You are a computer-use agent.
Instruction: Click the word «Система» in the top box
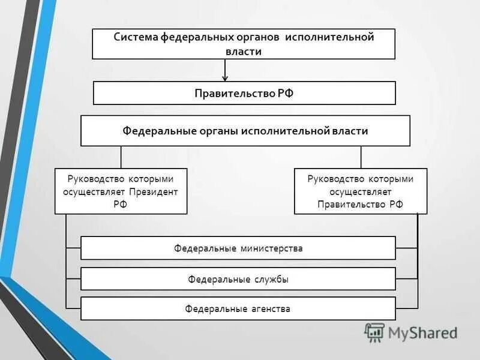pyautogui.click(x=136, y=37)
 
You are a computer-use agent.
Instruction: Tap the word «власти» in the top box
pyautogui.click(x=244, y=52)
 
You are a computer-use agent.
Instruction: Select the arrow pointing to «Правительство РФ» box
pyautogui.click(x=225, y=71)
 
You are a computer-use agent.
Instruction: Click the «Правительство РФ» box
pyautogui.click(x=244, y=93)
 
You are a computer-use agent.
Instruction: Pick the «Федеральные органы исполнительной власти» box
pyautogui.click(x=245, y=131)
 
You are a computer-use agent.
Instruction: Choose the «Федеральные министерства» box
pyautogui.click(x=238, y=248)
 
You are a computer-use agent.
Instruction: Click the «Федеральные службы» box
pyautogui.click(x=238, y=279)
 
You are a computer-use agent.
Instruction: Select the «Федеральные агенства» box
pyautogui.click(x=238, y=309)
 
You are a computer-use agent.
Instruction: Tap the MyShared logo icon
pyautogui.click(x=374, y=332)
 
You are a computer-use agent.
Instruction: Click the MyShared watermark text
pyautogui.click(x=422, y=332)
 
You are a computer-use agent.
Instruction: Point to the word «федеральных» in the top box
pyautogui.click(x=194, y=37)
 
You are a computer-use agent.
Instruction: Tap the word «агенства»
pyautogui.click(x=271, y=309)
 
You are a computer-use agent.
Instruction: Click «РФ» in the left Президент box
pyautogui.click(x=120, y=204)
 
